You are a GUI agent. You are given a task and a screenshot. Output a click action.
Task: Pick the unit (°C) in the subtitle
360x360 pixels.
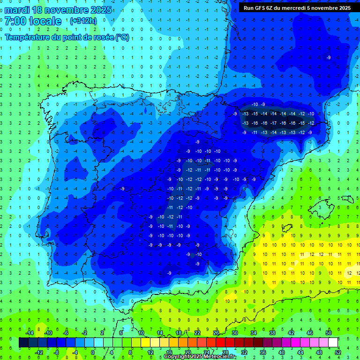click(x=122, y=37)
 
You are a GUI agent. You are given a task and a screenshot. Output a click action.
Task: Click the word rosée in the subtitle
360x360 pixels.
click(x=102, y=37)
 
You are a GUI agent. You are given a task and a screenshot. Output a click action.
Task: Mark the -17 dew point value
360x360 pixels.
click(x=273, y=123)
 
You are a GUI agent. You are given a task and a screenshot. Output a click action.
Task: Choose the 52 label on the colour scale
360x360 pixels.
click(x=337, y=352)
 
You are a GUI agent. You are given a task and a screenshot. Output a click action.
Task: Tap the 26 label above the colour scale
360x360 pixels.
click(x=216, y=333)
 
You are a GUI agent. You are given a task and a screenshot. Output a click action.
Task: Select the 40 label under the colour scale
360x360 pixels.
click(x=281, y=352)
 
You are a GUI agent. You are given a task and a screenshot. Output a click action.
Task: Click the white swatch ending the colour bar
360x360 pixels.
click(x=333, y=343)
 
